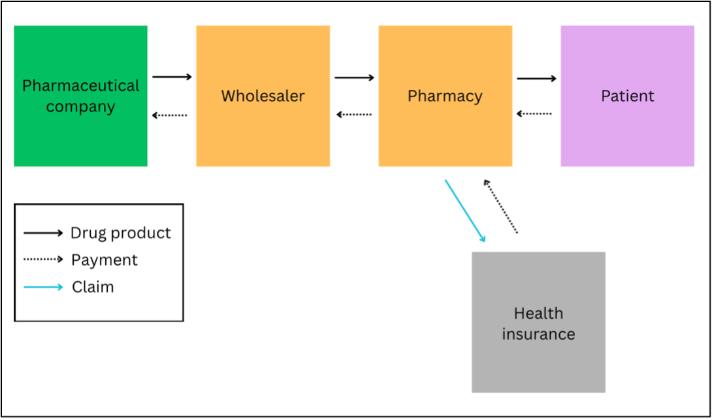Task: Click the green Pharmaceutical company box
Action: [x=80, y=96]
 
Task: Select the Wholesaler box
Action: [x=263, y=96]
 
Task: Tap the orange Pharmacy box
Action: [x=445, y=96]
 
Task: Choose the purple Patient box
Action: [x=627, y=96]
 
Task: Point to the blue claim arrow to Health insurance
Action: [x=465, y=211]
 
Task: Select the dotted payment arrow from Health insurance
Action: [x=500, y=207]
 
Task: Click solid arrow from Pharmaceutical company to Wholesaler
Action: [x=172, y=77]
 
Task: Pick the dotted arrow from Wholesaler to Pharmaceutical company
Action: [x=170, y=115]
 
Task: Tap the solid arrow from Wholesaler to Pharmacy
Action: [x=354, y=78]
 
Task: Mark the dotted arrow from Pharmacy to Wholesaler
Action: [x=354, y=115]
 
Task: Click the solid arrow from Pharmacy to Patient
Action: [x=536, y=79]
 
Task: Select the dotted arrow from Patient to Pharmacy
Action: [x=534, y=114]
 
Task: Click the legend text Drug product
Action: [x=121, y=233]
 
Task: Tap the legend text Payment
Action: [x=105, y=260]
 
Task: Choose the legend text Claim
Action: [x=93, y=287]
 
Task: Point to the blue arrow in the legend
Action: [x=43, y=287]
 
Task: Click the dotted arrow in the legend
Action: [x=43, y=260]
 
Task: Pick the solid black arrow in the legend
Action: [x=43, y=233]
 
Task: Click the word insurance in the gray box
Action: [x=538, y=334]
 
